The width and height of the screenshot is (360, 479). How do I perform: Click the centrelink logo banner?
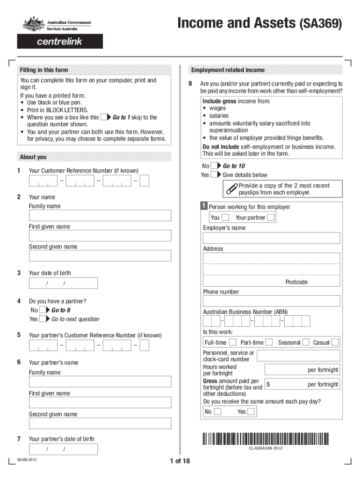click(60, 41)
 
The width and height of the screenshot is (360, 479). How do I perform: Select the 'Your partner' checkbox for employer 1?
click(271, 218)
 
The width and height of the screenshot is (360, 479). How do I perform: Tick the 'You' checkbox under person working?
click(225, 218)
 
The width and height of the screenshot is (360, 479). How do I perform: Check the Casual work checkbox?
click(335, 342)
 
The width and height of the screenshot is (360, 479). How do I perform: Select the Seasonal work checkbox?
click(306, 342)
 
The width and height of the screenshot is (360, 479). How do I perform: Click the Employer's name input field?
click(271, 238)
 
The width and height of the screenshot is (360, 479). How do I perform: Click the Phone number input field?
click(271, 301)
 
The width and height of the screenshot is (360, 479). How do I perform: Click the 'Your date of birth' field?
click(63, 283)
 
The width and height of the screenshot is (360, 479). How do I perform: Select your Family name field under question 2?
click(100, 216)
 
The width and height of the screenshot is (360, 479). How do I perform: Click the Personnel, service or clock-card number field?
click(298, 355)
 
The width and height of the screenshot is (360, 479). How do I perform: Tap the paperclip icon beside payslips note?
click(231, 189)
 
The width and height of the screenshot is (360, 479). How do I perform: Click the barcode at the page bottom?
click(266, 438)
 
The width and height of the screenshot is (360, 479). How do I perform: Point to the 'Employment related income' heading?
click(228, 70)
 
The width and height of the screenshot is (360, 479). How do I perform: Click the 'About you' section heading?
click(33, 157)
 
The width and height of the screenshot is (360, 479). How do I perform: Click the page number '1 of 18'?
click(180, 461)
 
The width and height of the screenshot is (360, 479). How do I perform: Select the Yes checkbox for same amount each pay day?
click(251, 412)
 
